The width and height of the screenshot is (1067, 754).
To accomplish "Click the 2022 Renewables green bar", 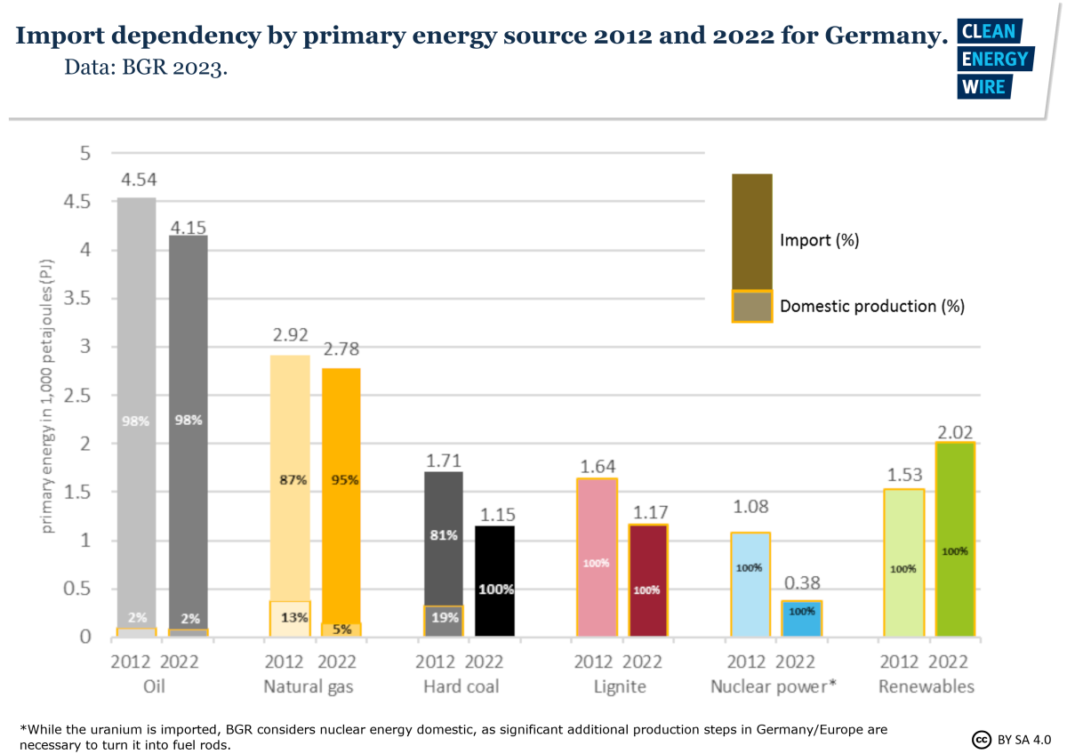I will (955, 540).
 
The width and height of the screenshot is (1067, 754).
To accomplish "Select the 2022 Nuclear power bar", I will (802, 619).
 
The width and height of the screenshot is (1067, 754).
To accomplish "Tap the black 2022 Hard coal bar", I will (494, 581).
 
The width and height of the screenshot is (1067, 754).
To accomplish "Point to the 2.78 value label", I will (341, 349).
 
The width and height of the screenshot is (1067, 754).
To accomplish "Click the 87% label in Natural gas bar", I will (290, 479).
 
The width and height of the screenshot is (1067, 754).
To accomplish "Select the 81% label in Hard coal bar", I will (443, 535).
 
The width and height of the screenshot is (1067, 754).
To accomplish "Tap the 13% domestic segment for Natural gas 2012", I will (290, 618).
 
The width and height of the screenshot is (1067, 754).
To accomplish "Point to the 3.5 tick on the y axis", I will (78, 299).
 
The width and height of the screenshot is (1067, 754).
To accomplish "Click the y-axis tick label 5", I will (85, 154).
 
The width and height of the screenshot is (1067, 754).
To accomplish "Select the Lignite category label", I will (620, 686).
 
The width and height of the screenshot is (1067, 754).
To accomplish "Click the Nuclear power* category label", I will (773, 686).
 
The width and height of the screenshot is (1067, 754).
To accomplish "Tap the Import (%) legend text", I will (819, 240).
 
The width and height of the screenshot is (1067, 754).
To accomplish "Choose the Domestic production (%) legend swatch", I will (751, 306).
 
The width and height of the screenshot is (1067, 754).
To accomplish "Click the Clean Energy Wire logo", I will (993, 59).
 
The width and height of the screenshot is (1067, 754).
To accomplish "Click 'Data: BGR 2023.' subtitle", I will (146, 68).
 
